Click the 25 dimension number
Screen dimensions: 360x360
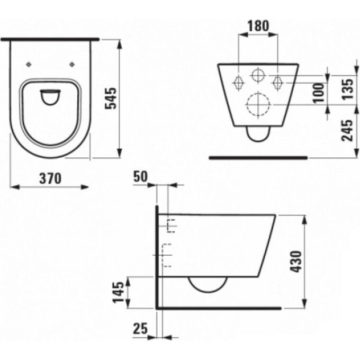140,329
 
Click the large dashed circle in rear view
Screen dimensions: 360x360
258,104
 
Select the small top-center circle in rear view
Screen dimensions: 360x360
258,75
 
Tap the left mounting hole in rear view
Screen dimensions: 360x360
238,82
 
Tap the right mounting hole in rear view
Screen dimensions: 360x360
277,82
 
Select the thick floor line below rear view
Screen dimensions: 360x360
258,157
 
